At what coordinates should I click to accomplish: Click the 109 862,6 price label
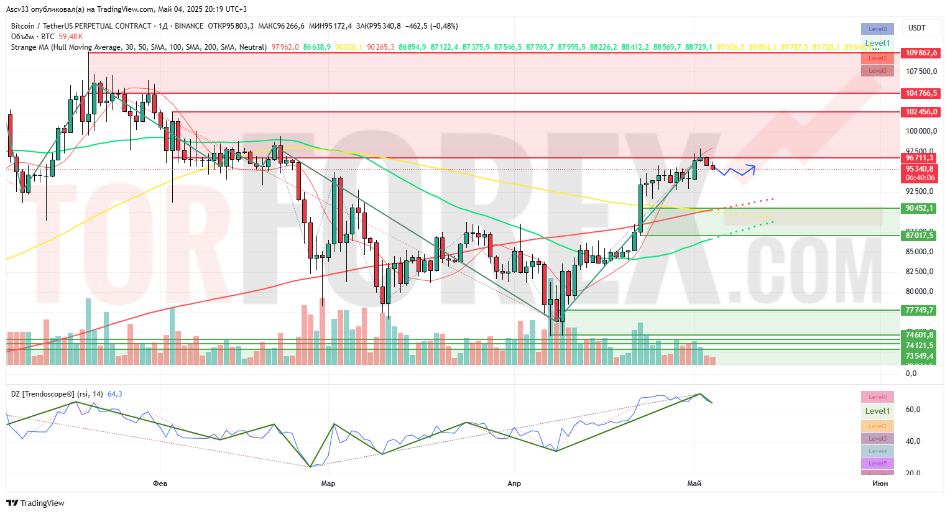(x=921, y=53)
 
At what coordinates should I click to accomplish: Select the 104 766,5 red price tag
(x=921, y=93)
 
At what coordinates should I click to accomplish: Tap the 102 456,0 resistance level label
(x=921, y=112)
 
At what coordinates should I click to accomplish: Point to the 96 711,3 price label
(x=920, y=158)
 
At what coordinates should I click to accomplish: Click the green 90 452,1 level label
(x=920, y=208)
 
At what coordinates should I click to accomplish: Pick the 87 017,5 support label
(x=920, y=236)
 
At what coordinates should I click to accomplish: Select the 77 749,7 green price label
(x=920, y=310)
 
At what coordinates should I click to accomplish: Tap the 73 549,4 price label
(x=920, y=356)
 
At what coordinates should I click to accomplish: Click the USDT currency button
(x=917, y=27)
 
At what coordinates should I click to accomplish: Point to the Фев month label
(x=160, y=483)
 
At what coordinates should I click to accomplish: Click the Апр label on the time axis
(x=514, y=483)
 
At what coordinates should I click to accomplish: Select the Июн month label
(x=880, y=483)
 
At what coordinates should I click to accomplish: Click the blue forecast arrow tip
(x=755, y=166)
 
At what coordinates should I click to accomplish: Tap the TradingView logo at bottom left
(x=35, y=503)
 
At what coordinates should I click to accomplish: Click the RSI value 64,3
(x=115, y=394)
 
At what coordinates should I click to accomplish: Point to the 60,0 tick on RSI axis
(x=913, y=410)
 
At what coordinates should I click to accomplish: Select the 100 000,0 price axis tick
(x=921, y=131)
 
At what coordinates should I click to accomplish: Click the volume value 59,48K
(x=71, y=37)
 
